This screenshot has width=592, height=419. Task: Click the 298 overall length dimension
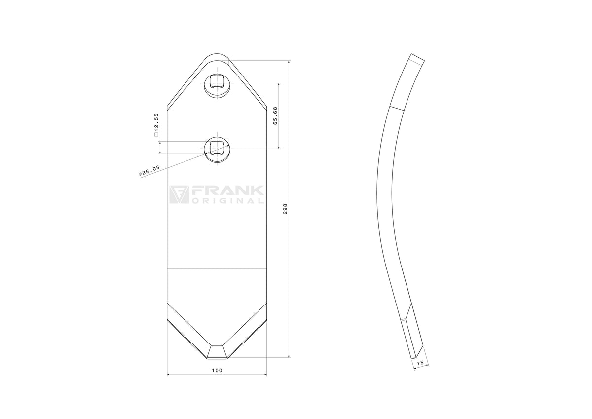(x=285, y=209)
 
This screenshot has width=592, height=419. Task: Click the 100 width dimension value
(x=217, y=370)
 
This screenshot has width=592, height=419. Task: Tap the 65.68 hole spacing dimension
(x=275, y=116)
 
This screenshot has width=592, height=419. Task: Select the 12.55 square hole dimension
(x=156, y=125)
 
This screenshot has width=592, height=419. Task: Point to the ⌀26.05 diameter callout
(x=149, y=171)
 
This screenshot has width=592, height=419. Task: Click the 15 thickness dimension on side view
(x=420, y=363)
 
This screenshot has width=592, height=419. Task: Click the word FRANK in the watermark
(x=227, y=190)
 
